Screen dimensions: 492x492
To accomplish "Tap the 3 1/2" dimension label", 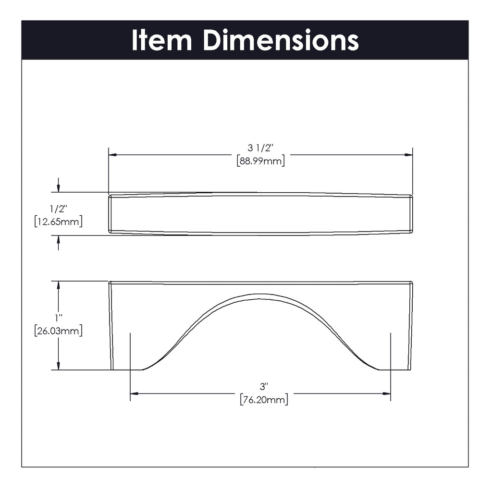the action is (x=260, y=148).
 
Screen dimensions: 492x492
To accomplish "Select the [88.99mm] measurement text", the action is (x=260, y=161).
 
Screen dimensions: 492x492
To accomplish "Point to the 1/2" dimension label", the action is (x=58, y=209).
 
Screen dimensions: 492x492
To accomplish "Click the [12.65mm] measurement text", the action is (x=58, y=221).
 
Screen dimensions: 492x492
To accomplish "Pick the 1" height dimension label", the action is (x=58, y=318).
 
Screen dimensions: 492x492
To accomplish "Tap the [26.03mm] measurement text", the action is (x=58, y=331).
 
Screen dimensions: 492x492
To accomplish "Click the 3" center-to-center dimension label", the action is (x=264, y=386).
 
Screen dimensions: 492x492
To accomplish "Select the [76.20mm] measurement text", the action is (x=264, y=400).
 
